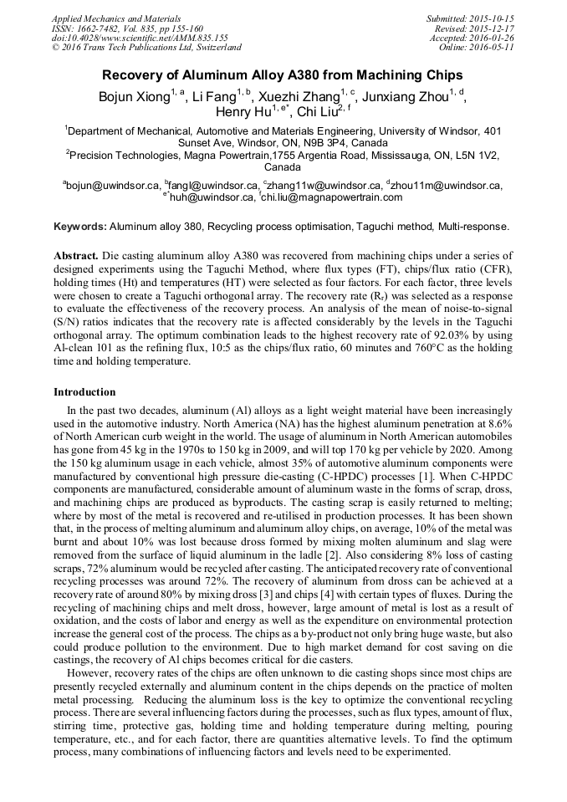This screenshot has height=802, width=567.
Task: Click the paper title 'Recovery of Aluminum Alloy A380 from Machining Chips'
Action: click(x=283, y=74)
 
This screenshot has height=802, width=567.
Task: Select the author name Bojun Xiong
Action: click(x=134, y=97)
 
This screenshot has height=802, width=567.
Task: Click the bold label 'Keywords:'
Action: click(x=80, y=227)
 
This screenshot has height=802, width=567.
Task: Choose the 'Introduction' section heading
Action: click(x=84, y=392)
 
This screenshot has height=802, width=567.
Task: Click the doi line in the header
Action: click(x=139, y=38)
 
